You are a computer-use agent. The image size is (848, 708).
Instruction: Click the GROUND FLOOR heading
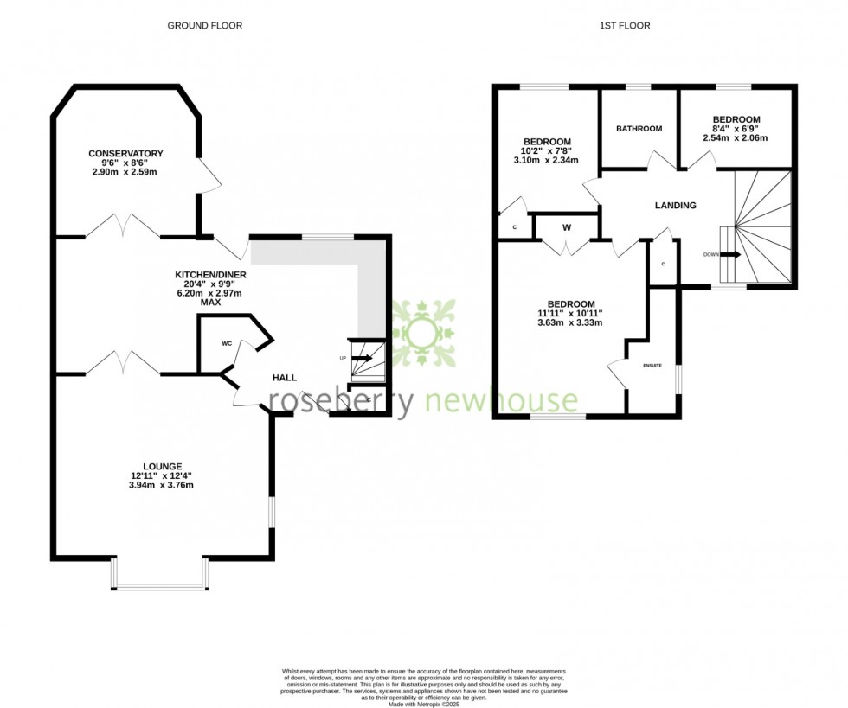[204, 26]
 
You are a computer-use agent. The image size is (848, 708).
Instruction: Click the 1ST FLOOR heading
[624, 26]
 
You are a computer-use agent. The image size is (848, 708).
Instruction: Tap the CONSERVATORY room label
[125, 154]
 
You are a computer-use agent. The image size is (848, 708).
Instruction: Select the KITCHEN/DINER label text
[210, 275]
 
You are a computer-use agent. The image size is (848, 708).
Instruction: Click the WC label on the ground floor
[227, 343]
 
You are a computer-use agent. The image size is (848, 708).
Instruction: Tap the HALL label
[285, 378]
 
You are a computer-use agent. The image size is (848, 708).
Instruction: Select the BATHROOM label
[639, 129]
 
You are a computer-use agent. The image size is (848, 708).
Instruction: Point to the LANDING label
[675, 206]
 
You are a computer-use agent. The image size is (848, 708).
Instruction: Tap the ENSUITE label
[652, 366]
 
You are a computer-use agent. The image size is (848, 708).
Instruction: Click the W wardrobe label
[567, 228]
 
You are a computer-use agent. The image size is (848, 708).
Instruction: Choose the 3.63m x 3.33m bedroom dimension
[569, 323]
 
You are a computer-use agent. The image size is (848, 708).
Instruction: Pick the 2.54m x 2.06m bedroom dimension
[736, 138]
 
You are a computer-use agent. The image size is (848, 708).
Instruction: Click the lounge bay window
[158, 586]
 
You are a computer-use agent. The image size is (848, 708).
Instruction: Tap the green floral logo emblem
[422, 333]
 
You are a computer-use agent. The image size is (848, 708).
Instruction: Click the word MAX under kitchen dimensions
[210, 303]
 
